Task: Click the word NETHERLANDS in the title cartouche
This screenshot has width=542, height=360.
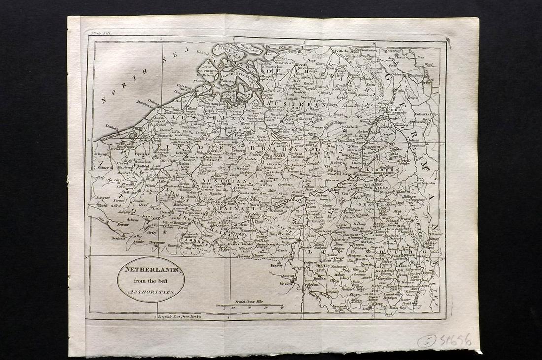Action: click(x=150, y=271)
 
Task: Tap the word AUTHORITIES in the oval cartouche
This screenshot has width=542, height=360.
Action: click(x=150, y=292)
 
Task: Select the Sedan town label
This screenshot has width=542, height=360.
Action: click(x=312, y=284)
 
